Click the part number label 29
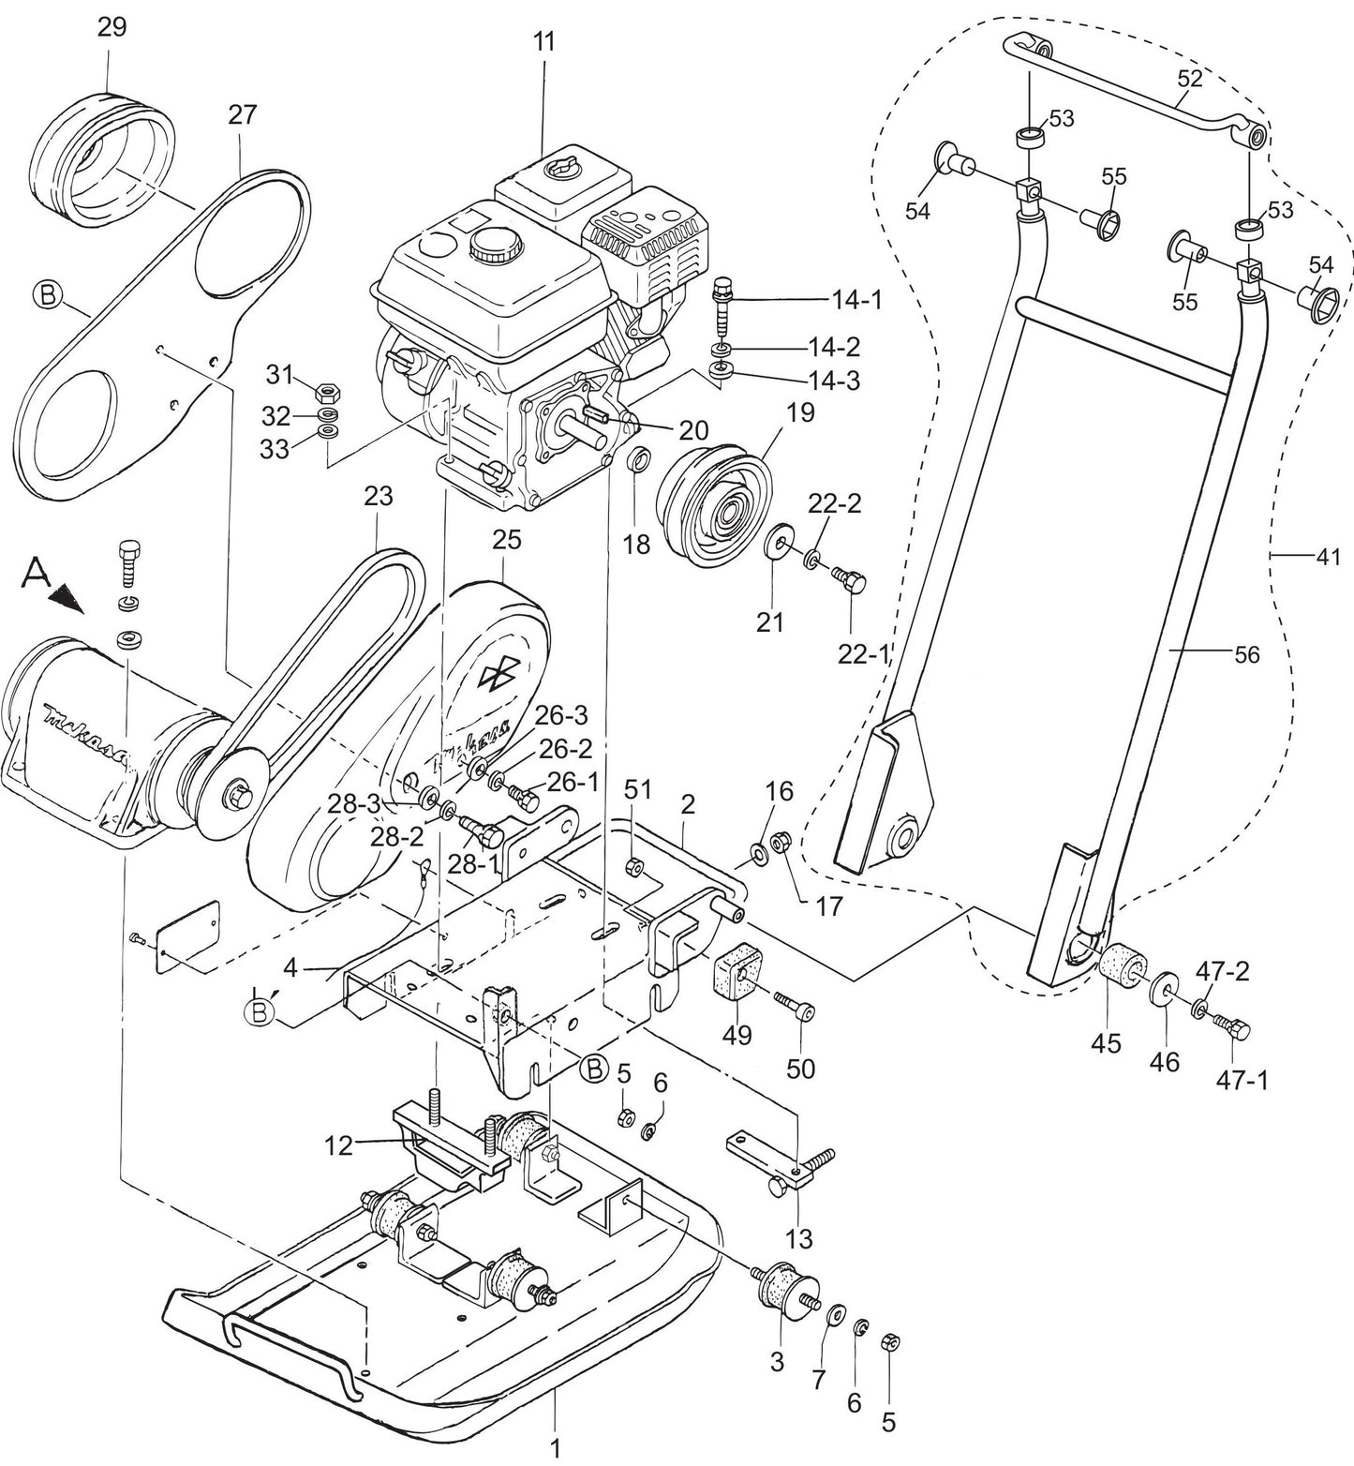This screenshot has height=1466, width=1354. tap(112, 27)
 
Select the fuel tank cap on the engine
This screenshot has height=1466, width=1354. tap(490, 246)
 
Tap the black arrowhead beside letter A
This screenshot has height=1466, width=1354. tap(65, 597)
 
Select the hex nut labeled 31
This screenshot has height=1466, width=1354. tap(329, 387)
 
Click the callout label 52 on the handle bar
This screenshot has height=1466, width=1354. tap(1189, 79)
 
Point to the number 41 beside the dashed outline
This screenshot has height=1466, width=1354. tap(1328, 556)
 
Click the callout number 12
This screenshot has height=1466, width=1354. tap(339, 1144)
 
